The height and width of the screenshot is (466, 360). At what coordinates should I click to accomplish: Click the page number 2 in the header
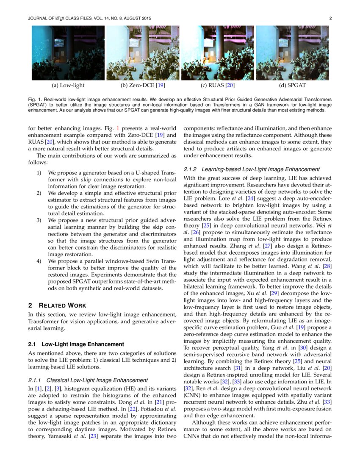(x=330, y=18)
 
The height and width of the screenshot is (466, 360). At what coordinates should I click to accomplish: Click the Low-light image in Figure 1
(x=68, y=53)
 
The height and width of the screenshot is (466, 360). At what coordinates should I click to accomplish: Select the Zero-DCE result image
(x=142, y=53)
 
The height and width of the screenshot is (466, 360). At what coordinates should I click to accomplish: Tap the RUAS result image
(x=217, y=53)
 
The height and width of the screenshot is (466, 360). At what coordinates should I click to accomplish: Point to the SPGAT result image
(x=292, y=53)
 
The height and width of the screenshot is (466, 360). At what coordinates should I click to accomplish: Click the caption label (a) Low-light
(x=68, y=86)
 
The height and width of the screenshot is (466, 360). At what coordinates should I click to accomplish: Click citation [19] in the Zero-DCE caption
(x=160, y=86)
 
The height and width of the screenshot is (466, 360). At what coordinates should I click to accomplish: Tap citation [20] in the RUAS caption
(x=230, y=86)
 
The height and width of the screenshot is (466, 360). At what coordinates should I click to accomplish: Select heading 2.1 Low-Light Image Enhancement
(x=76, y=344)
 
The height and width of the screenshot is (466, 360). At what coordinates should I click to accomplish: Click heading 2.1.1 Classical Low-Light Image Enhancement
(x=88, y=380)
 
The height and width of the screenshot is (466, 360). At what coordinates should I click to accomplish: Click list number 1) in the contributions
(x=39, y=173)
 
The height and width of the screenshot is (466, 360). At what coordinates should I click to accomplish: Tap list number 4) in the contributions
(x=39, y=261)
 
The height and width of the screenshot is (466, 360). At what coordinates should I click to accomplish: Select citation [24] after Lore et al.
(x=250, y=199)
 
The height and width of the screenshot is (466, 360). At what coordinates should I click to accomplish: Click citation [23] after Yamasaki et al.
(x=93, y=437)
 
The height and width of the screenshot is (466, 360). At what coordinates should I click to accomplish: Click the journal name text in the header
(x=89, y=18)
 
